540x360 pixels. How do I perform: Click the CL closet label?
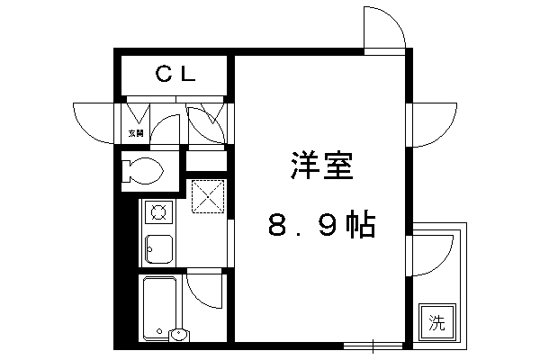coord(175,74)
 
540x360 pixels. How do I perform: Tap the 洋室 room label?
coord(322,166)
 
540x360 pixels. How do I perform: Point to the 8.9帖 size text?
coord(321,224)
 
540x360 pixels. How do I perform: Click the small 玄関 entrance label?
coord(136,133)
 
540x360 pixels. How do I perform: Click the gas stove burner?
coord(158,211)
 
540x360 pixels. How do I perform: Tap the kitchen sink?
coord(158,249)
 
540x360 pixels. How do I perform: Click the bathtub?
coord(159,307)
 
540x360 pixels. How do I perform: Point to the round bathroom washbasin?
coord(179,334)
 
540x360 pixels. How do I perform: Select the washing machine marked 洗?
coord(436,323)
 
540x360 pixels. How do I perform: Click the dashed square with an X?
coord(208,196)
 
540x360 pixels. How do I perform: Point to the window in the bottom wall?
coord(373,346)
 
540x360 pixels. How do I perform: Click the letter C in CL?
coord(164,74)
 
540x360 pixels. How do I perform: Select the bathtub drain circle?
coord(159,331)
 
